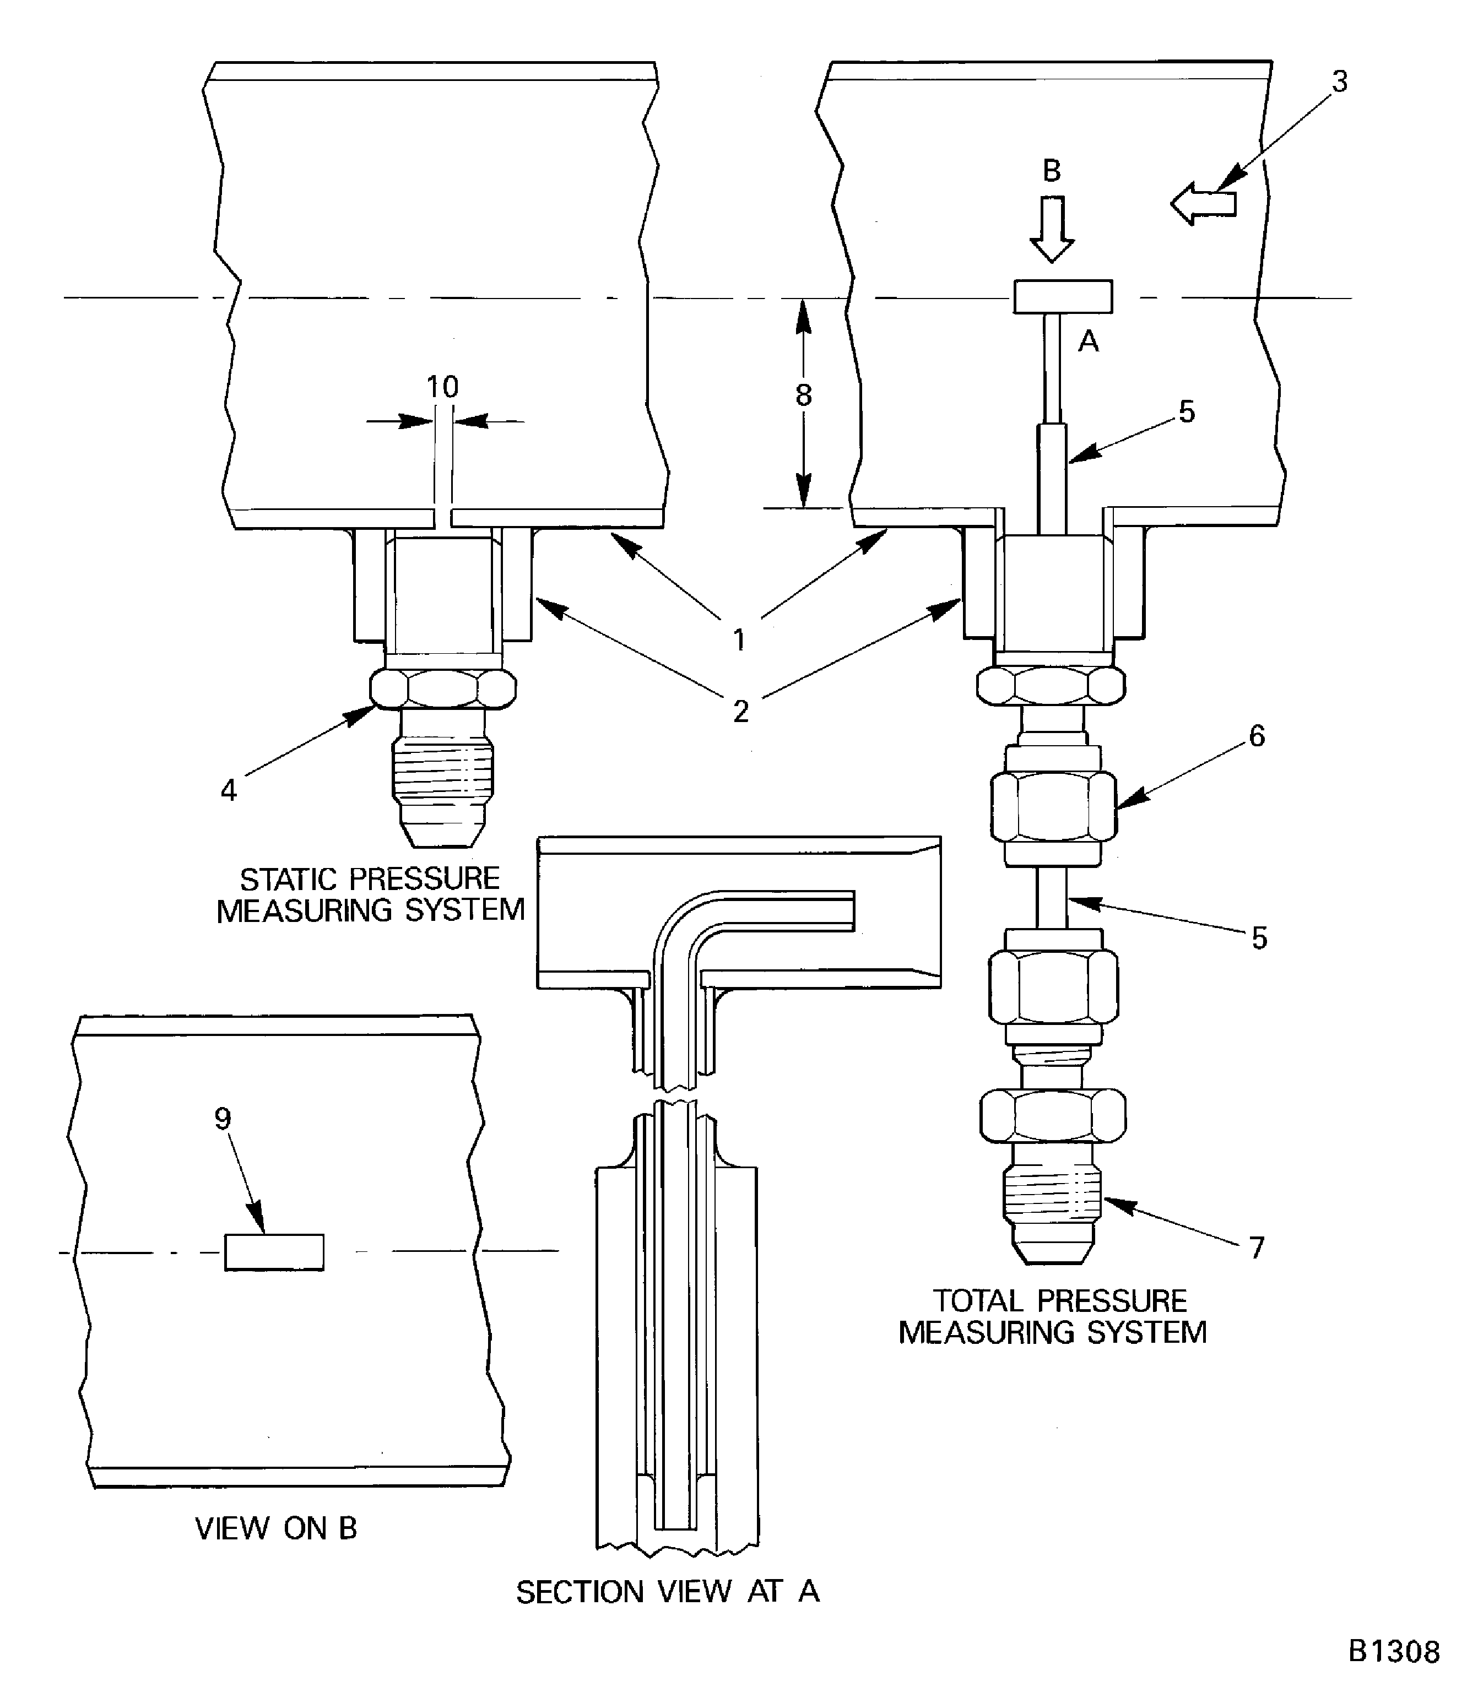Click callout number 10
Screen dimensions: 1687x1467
coord(442,386)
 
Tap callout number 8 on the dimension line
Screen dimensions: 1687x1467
coord(803,395)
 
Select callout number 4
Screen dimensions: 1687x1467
coord(229,790)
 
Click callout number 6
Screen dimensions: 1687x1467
coord(1257,736)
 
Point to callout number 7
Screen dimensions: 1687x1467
coord(1257,1247)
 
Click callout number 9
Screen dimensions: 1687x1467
coord(223,1118)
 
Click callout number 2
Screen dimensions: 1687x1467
coord(740,711)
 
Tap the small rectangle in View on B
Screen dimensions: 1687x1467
coord(274,1251)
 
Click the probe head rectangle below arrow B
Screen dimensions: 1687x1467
coord(1063,296)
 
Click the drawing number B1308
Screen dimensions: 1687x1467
coord(1393,1651)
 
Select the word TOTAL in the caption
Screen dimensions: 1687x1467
coord(977,1301)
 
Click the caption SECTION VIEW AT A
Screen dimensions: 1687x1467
coord(667,1591)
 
